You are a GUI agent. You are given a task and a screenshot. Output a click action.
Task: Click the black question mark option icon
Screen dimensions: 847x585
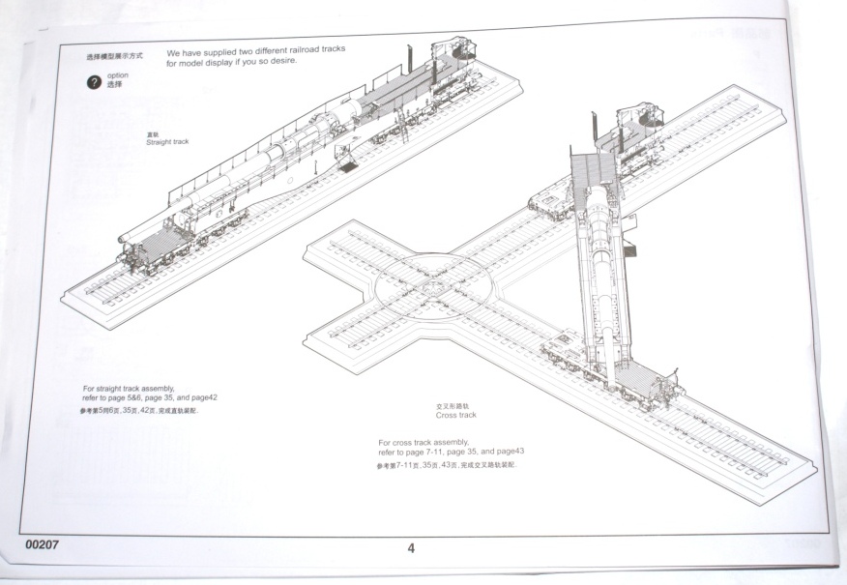click(94, 82)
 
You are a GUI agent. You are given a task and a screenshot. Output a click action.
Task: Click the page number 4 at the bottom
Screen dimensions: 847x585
click(411, 548)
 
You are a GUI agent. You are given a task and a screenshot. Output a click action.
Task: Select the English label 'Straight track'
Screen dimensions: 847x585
click(167, 142)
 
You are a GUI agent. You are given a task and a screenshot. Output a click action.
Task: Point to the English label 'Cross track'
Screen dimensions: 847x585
click(455, 416)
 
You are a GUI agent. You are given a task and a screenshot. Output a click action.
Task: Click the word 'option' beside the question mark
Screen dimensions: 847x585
click(118, 75)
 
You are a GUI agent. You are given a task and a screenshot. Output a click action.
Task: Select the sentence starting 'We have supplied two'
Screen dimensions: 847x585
click(255, 51)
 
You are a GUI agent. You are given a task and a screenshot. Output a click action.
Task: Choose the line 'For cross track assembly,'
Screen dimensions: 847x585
click(423, 442)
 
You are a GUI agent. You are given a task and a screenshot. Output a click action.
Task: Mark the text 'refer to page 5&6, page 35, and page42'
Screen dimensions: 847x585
click(150, 397)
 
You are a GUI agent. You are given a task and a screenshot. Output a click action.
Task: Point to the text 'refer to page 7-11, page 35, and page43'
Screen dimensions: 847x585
click(451, 452)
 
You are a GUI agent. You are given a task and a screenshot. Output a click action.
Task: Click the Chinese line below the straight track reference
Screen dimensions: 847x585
click(145, 411)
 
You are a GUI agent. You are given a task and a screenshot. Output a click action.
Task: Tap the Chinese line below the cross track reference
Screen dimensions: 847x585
click(447, 466)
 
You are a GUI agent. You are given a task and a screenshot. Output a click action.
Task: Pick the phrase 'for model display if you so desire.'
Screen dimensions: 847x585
click(231, 62)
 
